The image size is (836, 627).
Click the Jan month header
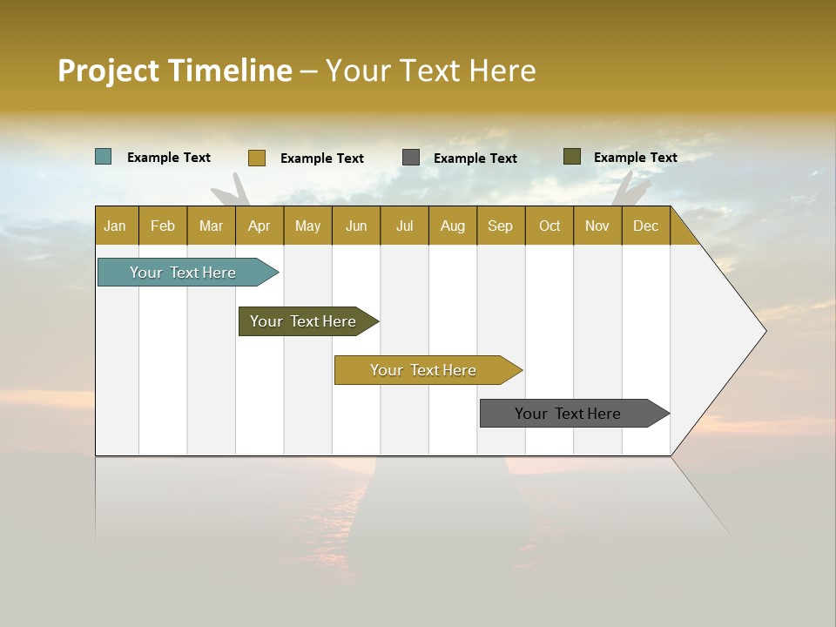(115, 226)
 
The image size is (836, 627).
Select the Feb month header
(163, 226)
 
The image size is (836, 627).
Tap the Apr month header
(259, 226)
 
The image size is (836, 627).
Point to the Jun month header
(356, 226)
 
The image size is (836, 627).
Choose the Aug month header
(452, 226)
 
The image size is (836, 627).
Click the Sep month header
(500, 226)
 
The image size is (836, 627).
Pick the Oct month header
(549, 226)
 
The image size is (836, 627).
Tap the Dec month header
(645, 226)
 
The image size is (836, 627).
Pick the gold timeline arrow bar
(424, 370)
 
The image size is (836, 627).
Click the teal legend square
(103, 157)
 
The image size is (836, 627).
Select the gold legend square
(256, 158)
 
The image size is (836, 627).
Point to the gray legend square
(411, 158)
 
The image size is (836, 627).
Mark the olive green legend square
(571, 157)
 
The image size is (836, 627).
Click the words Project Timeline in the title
(175, 71)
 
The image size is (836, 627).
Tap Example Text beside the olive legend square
(635, 158)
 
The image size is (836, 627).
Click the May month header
(307, 226)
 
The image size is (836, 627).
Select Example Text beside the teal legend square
(169, 158)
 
